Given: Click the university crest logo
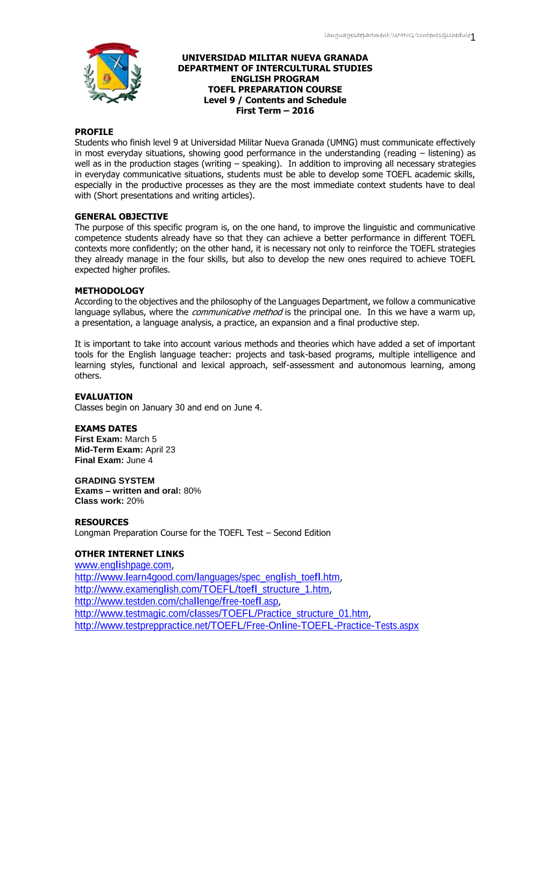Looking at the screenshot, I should [x=112, y=73].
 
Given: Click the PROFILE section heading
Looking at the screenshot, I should [x=94, y=132].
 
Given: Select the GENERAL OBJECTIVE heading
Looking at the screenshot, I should [x=121, y=217].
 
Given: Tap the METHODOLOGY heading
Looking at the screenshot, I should [x=109, y=291].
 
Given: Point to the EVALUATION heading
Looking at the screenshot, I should [x=103, y=397].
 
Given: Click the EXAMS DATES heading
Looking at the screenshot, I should [x=105, y=428].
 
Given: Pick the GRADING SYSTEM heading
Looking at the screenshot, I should [x=115, y=480].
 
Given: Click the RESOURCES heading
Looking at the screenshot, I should [x=102, y=522].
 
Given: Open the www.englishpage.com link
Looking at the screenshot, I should [x=123, y=565].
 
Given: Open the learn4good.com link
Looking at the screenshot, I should [x=207, y=577].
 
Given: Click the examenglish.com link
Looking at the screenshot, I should [x=202, y=589].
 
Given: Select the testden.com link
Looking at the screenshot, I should [x=176, y=601].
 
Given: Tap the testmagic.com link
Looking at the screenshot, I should [x=221, y=613].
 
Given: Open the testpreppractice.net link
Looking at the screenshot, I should [x=246, y=625].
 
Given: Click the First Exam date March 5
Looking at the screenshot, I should [x=140, y=439].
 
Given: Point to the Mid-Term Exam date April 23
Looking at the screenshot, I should [x=160, y=449].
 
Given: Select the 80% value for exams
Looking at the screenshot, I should [x=192, y=491].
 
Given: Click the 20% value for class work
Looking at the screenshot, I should [x=135, y=501].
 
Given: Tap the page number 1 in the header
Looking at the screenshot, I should [x=473, y=37].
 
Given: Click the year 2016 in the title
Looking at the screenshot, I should [x=303, y=111].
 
